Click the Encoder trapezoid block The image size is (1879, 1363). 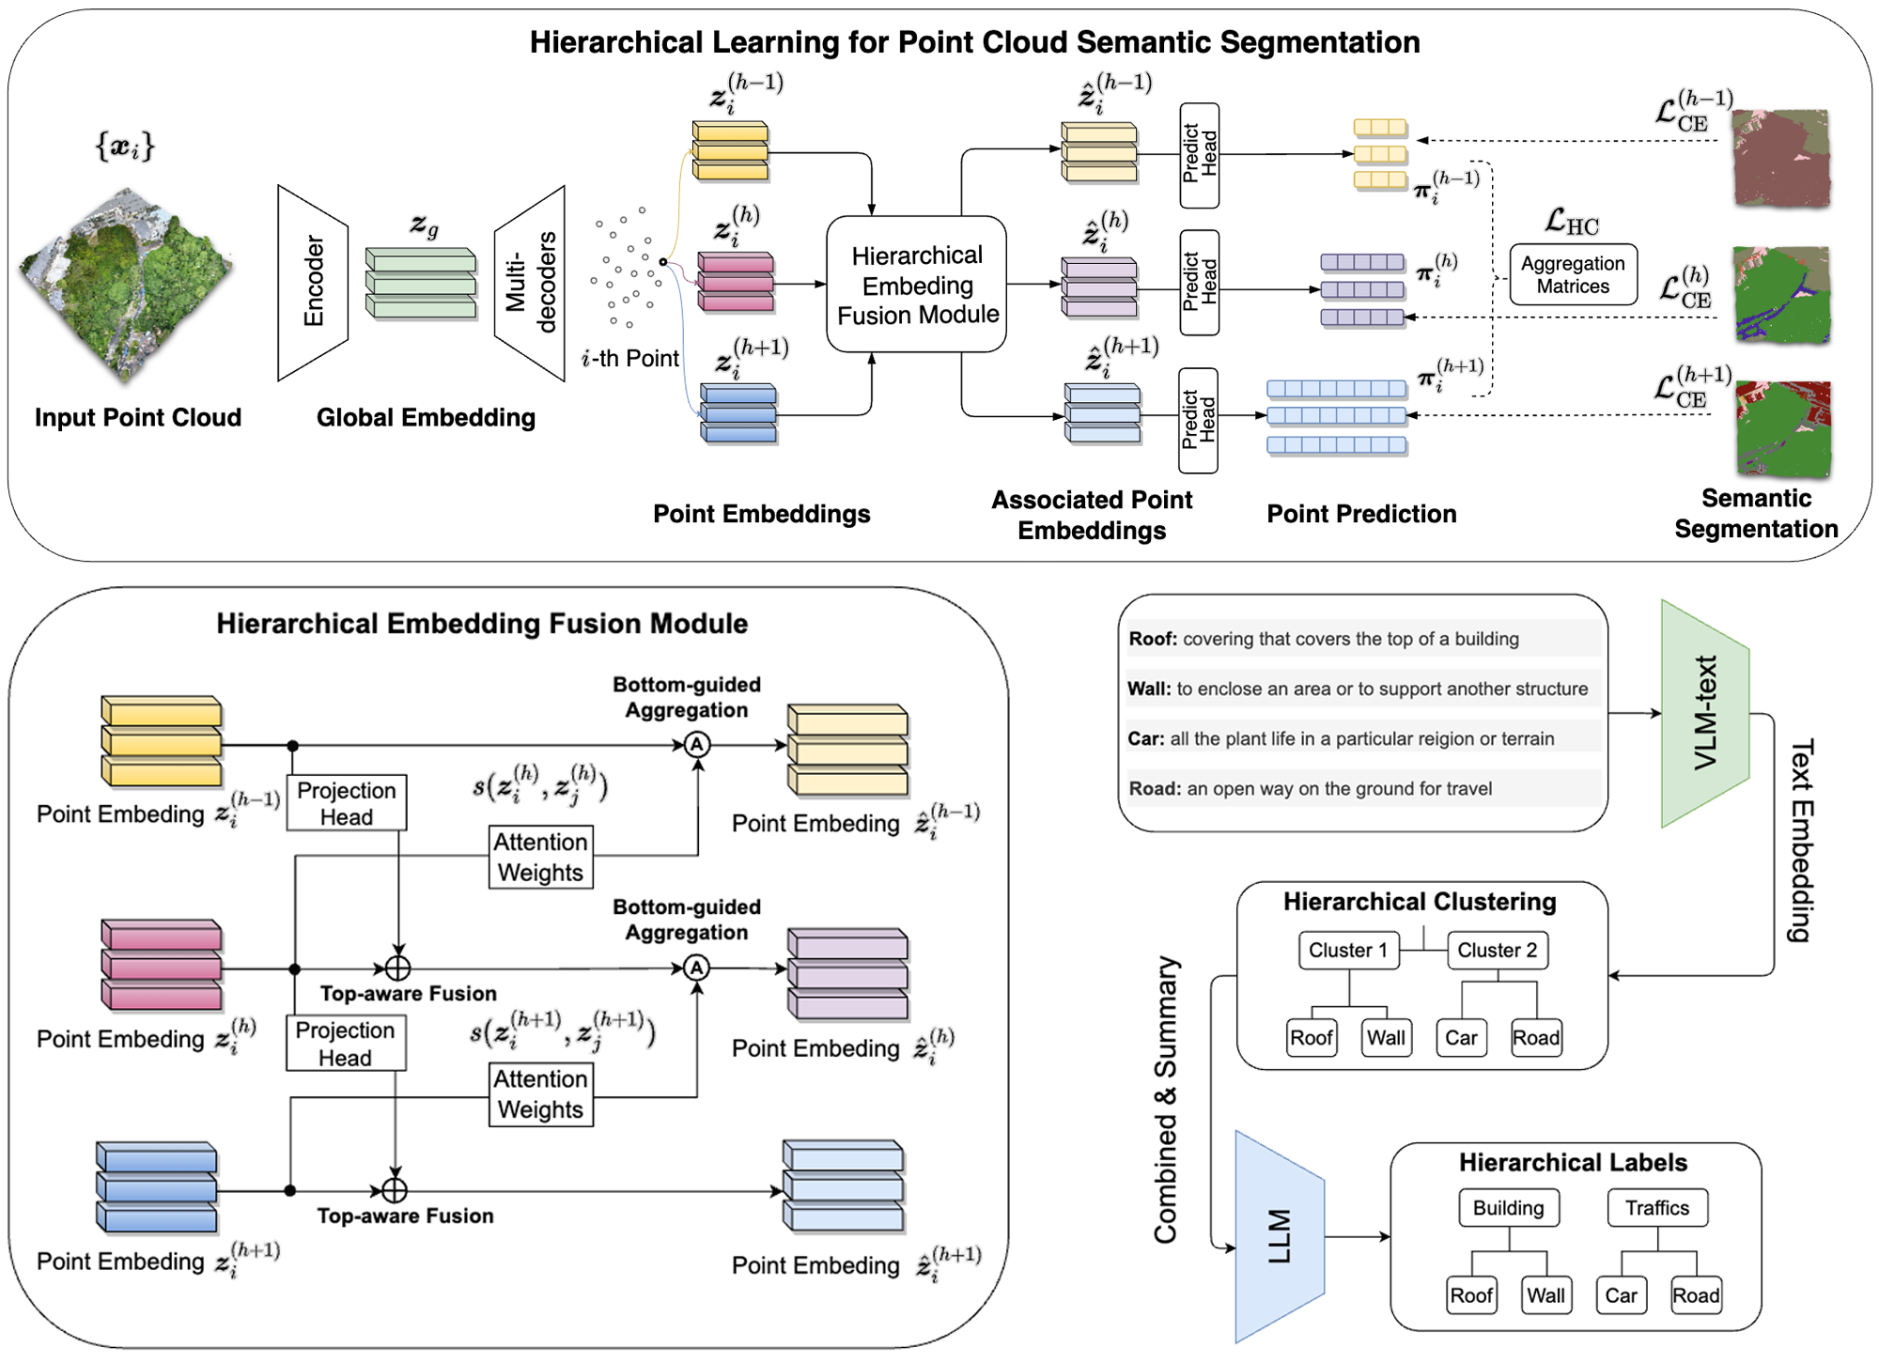[313, 282]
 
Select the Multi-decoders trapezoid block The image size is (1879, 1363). [531, 282]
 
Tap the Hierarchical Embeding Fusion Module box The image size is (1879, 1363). [917, 285]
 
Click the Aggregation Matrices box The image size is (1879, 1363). [1573, 274]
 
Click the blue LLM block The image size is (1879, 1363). [1280, 1236]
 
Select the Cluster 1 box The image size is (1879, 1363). [1348, 950]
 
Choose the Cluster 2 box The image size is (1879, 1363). [1497, 950]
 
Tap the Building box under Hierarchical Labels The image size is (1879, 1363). [1508, 1208]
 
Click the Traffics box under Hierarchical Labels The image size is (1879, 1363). [1657, 1208]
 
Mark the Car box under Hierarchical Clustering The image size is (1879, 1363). [1461, 1038]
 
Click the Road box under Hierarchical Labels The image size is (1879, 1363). [1696, 1295]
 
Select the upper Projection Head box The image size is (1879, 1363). [347, 803]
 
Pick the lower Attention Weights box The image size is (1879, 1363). [540, 1094]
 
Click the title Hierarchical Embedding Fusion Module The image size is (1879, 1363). [482, 624]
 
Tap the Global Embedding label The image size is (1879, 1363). [426, 417]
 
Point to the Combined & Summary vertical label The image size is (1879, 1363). [1166, 1099]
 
